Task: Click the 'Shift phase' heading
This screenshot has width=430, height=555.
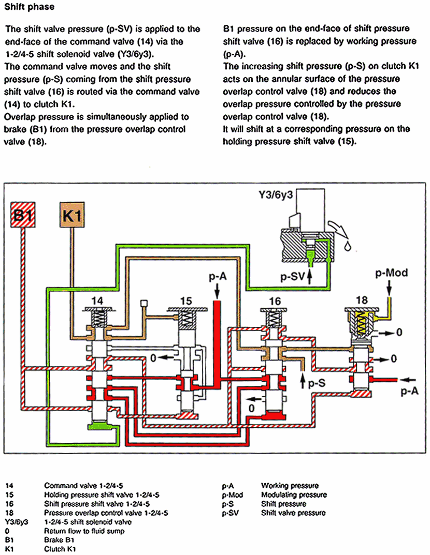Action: coord(29,8)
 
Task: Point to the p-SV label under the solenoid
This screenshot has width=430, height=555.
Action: coord(291,277)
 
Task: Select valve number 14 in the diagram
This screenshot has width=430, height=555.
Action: coord(97,300)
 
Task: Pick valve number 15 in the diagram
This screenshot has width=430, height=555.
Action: coord(186,300)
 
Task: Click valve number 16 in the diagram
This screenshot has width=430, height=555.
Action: coord(275,300)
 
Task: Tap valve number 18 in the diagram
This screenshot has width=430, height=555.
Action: coord(362,300)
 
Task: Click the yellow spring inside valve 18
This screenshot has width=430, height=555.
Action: coord(362,324)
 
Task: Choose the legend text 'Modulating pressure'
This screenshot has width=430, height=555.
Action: coord(294,495)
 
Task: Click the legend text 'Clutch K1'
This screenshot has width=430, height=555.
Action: coord(60,548)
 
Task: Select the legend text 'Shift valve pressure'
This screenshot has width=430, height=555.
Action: coord(293,513)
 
